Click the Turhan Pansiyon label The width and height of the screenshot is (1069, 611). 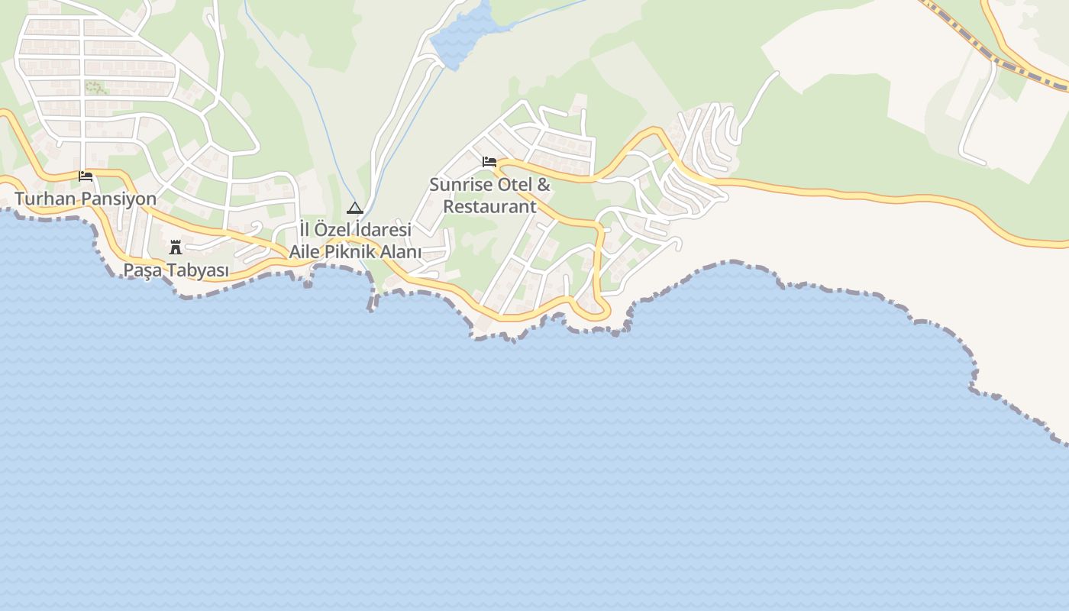pos(86,199)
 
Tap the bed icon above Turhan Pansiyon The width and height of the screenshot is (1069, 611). pos(86,176)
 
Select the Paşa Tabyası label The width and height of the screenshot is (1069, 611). pos(176,270)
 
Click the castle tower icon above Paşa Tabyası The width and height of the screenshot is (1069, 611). pos(176,247)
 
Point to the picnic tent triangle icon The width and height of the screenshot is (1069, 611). pos(354,208)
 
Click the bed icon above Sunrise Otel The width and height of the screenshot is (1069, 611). pos(489,162)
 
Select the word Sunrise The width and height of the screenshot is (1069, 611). pos(461,185)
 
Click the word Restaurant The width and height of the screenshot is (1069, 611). pos(489,207)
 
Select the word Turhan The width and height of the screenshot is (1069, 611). pos(42,199)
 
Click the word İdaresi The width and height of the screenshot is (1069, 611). pos(384,229)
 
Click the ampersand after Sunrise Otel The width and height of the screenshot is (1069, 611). pos(544,185)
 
